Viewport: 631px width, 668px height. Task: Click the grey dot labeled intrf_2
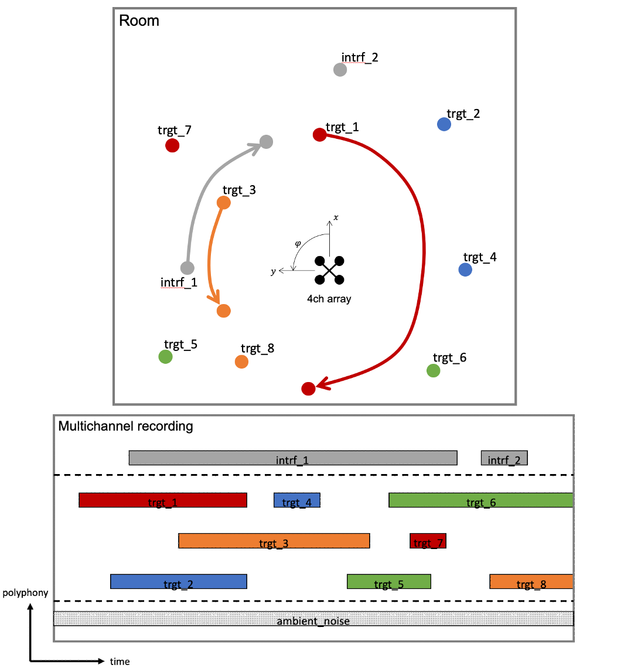340,70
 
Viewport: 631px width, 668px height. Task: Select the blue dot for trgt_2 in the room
444,124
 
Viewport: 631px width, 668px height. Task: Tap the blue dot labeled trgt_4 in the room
465,269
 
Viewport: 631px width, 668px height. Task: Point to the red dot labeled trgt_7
172,145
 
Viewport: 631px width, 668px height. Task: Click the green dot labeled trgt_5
165,357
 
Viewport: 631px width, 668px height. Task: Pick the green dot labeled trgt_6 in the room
434,370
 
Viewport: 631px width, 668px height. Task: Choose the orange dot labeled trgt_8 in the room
241,362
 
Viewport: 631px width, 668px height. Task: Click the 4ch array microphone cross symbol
329,270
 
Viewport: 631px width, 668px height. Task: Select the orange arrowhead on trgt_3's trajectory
214,296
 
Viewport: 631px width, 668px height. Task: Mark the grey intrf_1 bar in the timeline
293,458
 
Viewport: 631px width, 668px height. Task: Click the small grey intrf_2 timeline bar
504,458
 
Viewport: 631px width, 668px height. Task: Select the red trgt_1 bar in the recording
163,500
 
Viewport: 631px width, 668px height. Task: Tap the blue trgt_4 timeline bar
297,500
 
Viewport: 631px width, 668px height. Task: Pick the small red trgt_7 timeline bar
428,541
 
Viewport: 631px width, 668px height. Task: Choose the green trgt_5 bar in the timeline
389,581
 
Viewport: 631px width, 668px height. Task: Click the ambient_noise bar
313,619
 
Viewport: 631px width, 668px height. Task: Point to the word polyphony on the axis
25,593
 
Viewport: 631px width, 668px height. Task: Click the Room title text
139,21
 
